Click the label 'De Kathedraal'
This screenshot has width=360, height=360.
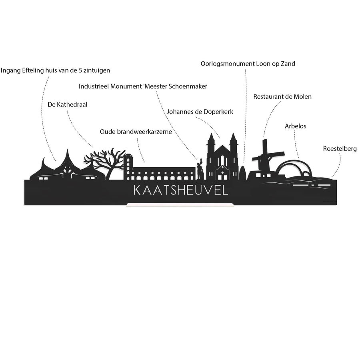point(68,105)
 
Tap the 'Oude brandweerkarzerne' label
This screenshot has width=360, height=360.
point(136,132)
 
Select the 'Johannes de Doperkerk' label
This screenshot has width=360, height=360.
point(200,112)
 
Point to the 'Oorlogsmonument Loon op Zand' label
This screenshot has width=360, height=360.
point(248,64)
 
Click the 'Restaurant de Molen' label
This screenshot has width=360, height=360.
point(282,97)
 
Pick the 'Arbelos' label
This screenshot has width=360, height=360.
point(296,126)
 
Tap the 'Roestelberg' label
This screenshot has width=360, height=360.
point(340,149)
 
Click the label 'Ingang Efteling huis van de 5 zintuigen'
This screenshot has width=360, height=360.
point(55,70)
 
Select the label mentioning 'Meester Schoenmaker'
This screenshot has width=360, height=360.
point(143,86)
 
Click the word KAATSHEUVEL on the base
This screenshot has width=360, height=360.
point(181,190)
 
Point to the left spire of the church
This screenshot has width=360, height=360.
point(211,139)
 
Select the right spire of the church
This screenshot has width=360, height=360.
point(233,139)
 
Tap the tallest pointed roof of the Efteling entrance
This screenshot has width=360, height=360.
point(68,158)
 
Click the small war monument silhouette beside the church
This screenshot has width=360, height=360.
point(243,173)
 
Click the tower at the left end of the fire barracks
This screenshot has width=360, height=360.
point(128,167)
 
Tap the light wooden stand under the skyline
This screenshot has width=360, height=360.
point(180,204)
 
